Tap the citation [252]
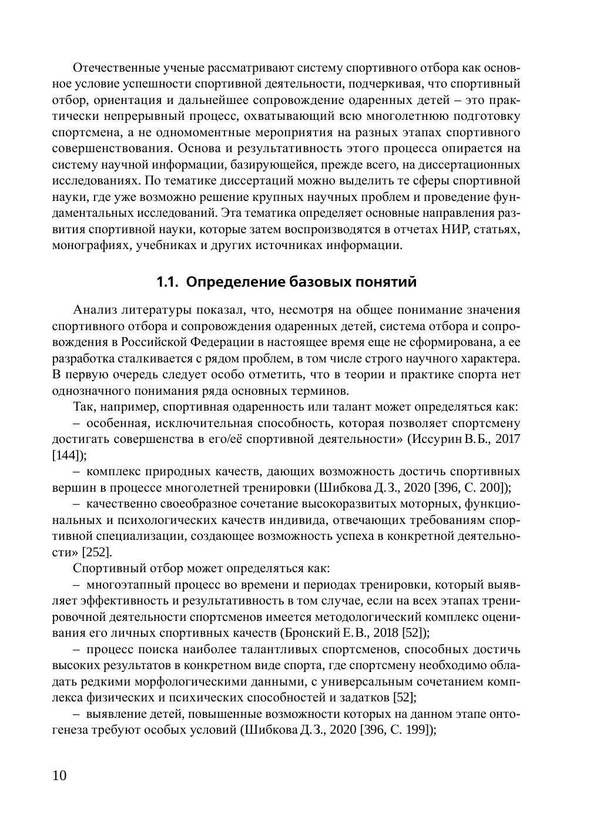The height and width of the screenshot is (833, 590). (95, 552)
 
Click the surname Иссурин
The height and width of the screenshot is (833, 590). (437, 439)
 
